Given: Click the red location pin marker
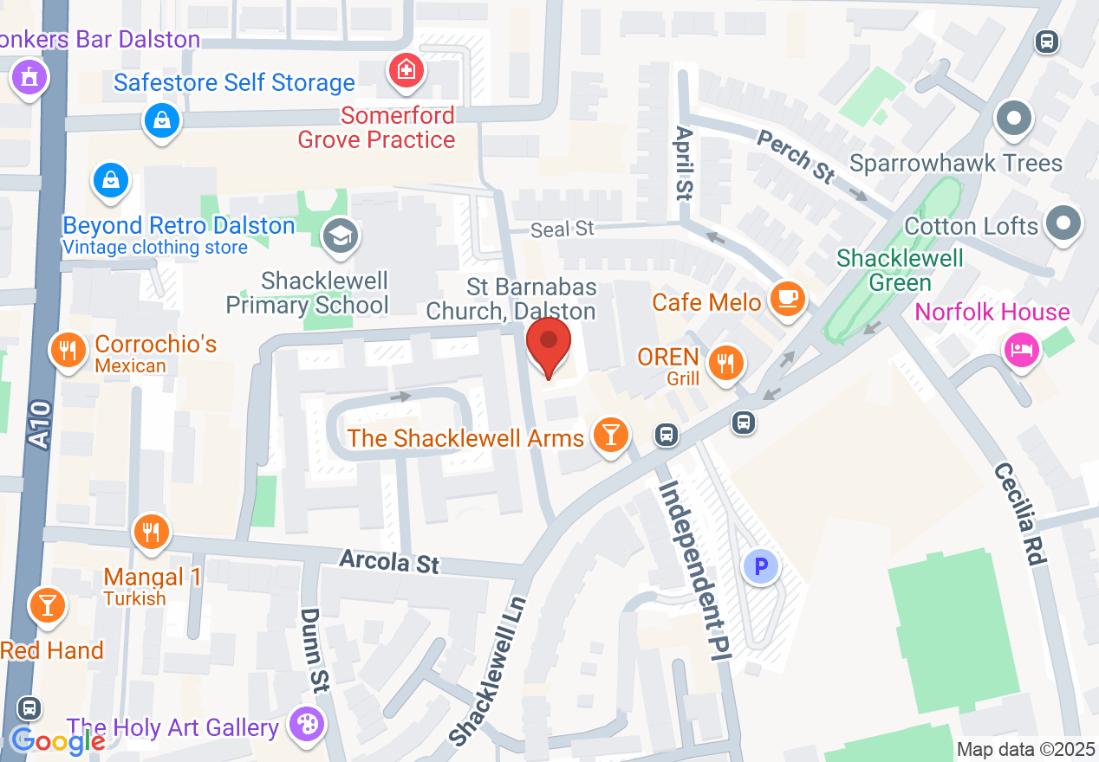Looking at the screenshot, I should pos(549,344).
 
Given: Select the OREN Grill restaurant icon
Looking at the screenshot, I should pos(726,362).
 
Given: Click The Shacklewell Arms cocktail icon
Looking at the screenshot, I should pos(611,434).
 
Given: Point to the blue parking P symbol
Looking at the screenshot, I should pos(761,567).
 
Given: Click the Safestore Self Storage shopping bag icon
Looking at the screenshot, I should pos(162,119).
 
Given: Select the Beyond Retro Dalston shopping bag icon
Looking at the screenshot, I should pos(111,180).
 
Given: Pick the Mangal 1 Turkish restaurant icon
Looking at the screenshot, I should pos(153,531).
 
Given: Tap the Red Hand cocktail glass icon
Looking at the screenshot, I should pos(47,604).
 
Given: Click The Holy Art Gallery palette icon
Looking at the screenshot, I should pos(305,724).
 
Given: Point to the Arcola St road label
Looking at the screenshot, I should pos(389,561).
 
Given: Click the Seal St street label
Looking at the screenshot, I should pos(563,229).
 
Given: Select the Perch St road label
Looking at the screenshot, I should pos(795,156).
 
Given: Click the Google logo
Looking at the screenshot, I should pos(58,741).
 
